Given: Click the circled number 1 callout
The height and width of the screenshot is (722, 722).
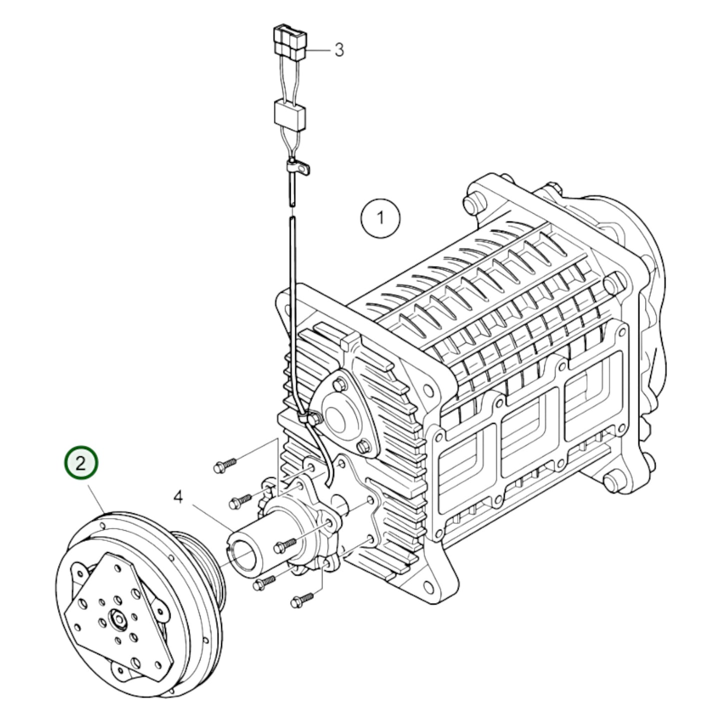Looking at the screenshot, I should point(380,218).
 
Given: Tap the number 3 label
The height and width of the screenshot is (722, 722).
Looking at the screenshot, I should point(339,50).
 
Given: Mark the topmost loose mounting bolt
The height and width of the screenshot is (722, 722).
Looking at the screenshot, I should point(225,465).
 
